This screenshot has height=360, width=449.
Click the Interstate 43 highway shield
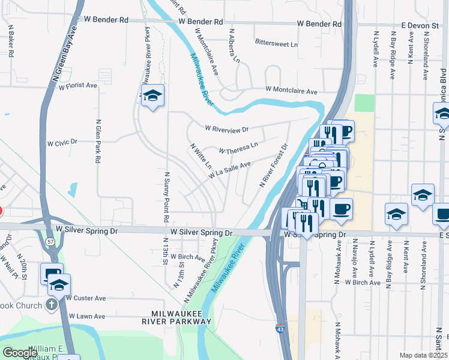280,329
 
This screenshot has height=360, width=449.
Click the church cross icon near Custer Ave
52,304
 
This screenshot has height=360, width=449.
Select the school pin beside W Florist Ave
153,95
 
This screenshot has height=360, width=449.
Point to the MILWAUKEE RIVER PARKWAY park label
182,317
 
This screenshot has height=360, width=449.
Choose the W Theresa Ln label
238,148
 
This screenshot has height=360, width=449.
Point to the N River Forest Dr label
274,165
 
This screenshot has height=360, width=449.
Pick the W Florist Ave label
78,86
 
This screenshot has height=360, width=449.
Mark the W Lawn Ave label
87,316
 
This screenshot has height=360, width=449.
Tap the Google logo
20,353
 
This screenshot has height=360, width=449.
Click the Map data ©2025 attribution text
423,355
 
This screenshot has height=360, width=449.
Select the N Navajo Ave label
354,259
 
